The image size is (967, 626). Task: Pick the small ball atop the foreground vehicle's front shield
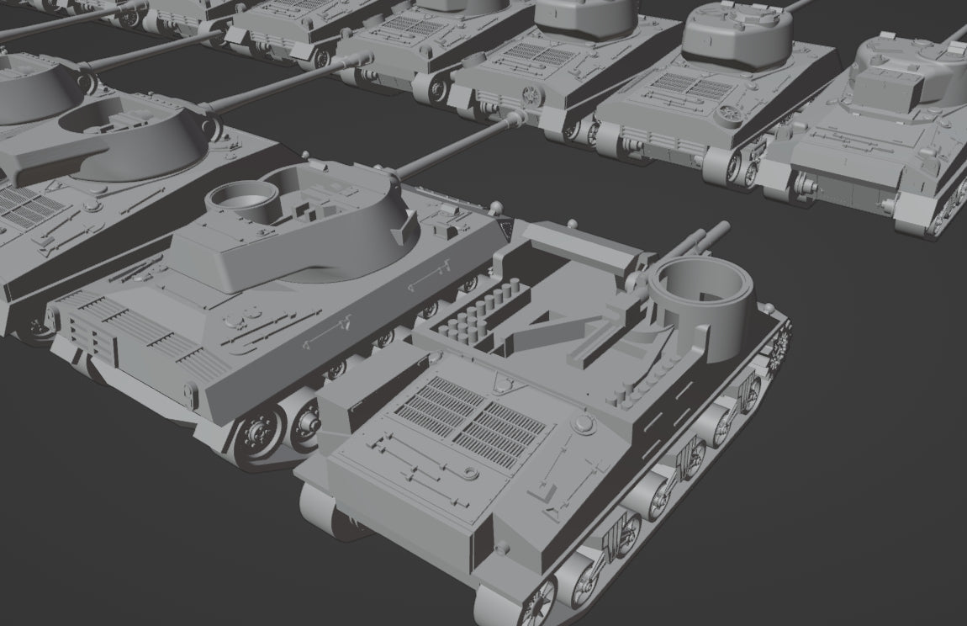coord(573,223)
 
